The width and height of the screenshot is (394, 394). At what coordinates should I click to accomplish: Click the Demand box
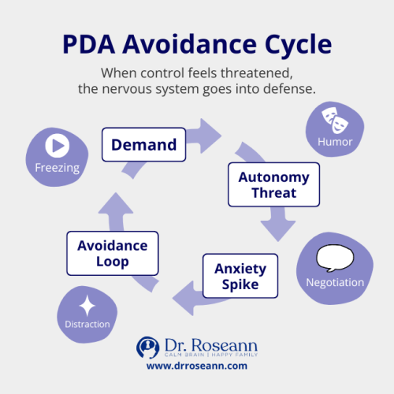[143, 144]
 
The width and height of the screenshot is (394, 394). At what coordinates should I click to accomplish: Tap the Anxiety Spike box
[240, 276]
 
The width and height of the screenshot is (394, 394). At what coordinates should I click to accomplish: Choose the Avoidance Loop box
[113, 252]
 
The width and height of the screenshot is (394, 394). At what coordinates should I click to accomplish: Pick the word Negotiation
[336, 282]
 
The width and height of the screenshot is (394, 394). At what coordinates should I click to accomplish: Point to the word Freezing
[57, 167]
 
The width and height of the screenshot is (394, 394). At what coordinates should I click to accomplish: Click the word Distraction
[87, 324]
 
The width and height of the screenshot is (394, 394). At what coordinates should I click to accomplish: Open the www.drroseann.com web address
[197, 366]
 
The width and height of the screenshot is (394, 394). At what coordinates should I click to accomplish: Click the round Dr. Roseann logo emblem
[149, 348]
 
